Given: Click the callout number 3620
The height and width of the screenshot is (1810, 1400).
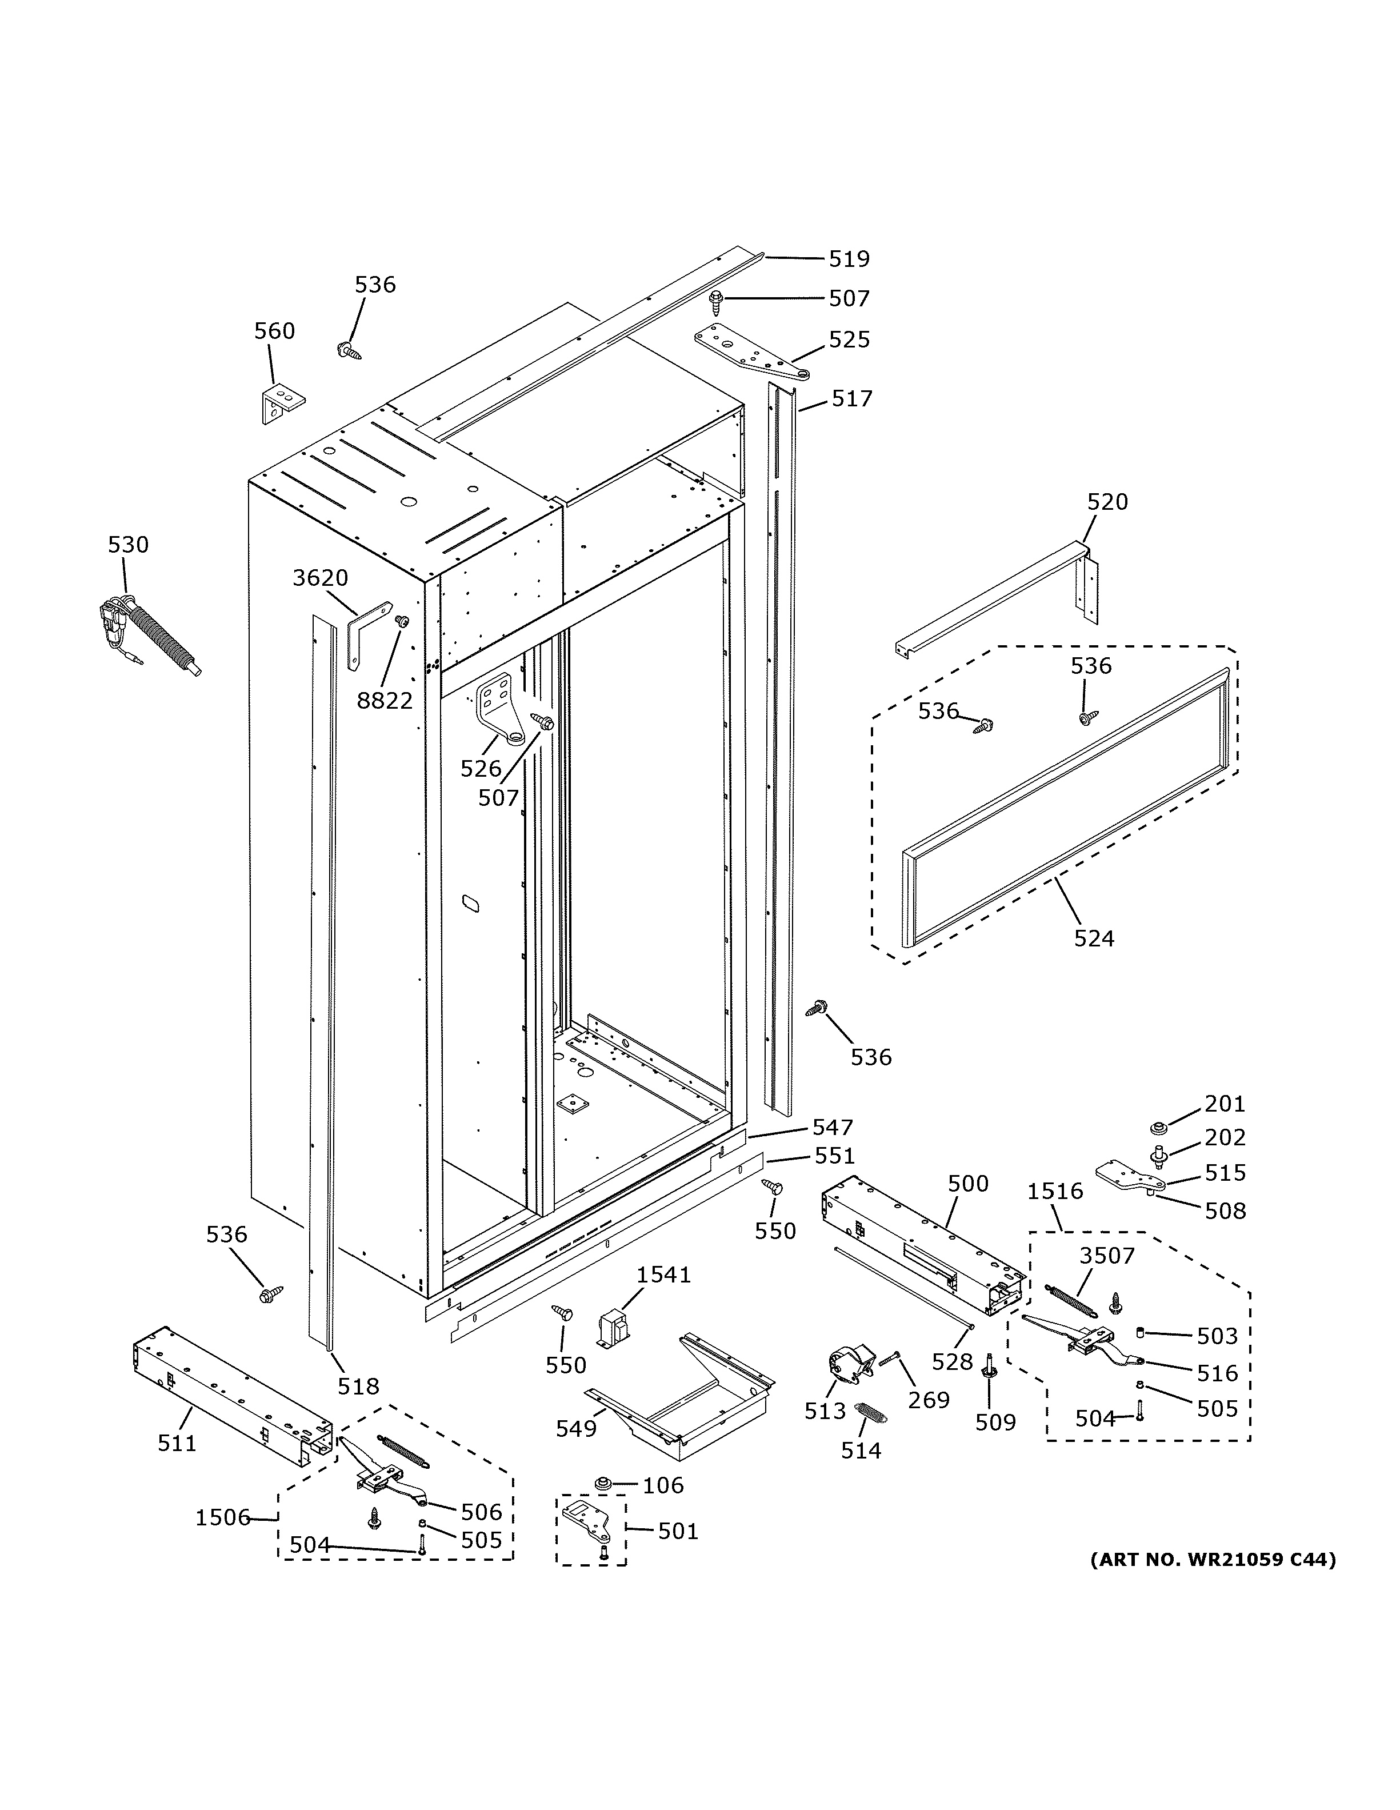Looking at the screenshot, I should tap(320, 578).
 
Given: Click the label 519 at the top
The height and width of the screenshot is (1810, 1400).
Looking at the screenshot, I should tap(849, 259).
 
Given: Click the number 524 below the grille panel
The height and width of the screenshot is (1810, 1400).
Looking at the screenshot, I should tap(1094, 938).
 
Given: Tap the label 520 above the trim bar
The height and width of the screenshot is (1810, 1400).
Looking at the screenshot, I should tap(1107, 501).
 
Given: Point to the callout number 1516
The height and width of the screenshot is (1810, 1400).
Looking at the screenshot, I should tap(1054, 1191).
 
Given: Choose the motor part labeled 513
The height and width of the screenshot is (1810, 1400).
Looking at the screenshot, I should tap(850, 1363).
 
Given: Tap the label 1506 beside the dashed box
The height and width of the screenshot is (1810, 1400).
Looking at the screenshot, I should tap(222, 1517).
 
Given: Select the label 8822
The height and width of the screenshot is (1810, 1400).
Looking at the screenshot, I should tap(385, 700).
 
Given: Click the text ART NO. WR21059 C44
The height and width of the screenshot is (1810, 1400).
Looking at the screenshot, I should tap(1212, 1560).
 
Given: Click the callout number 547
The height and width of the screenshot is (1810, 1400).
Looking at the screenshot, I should tap(832, 1126).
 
